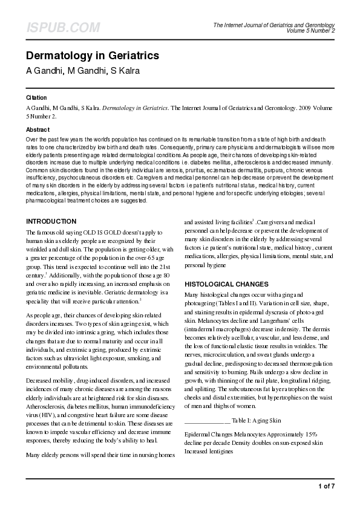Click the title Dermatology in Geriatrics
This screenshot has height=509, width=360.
(x=93, y=56)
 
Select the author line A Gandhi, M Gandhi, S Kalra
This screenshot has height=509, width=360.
(x=82, y=71)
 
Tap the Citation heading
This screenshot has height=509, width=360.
(x=36, y=97)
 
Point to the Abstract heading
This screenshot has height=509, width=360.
(x=38, y=129)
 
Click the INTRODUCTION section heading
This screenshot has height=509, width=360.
(x=51, y=221)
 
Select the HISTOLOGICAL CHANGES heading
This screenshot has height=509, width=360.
(x=226, y=284)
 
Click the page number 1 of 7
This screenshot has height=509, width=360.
(x=326, y=486)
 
